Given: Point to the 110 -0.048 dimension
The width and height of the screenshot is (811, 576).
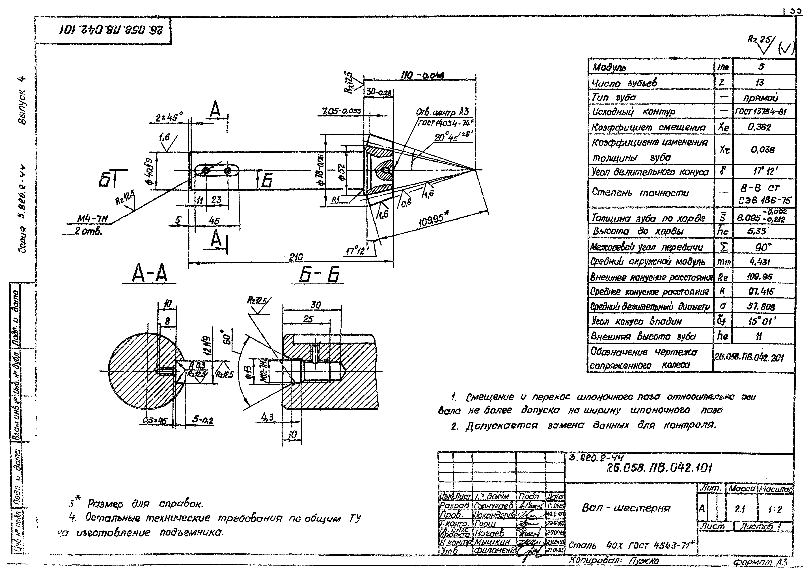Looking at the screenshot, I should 422,75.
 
